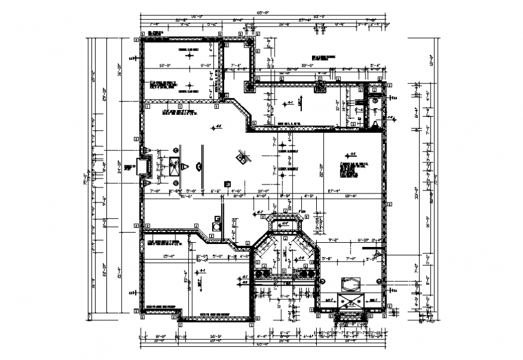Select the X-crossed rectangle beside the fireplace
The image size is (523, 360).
pos(174,165)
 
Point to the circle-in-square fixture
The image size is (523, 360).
pos(216,227)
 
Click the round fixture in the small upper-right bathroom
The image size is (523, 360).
pos(376,102)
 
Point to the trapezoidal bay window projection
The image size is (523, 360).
pos(285,224)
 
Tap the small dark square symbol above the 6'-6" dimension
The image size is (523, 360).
pos(227,183)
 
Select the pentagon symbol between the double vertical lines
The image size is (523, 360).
pos(185,166)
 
